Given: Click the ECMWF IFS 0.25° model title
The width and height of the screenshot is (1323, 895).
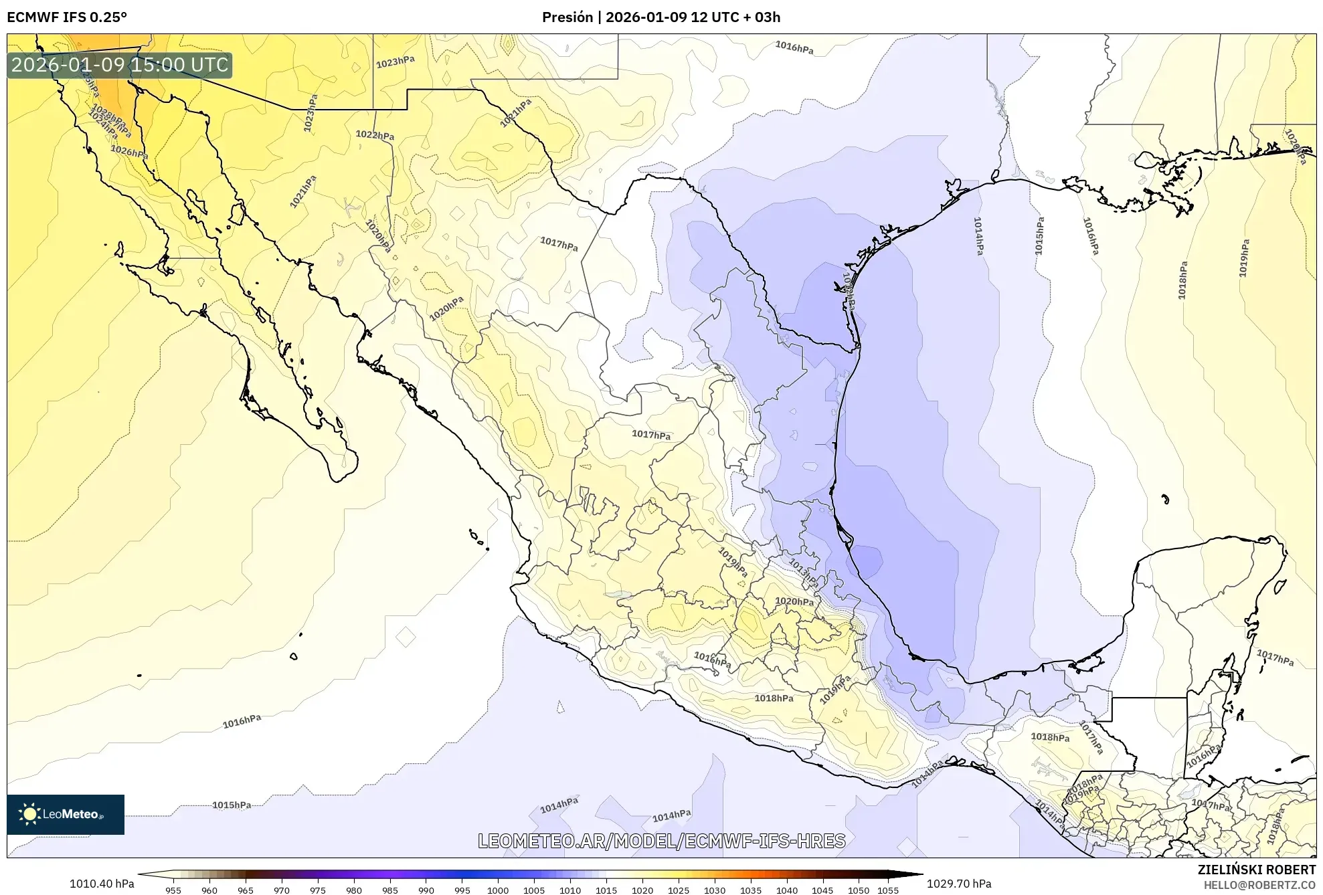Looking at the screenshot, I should (66, 17).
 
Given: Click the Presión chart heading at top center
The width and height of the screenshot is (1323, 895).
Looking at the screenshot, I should (660, 17).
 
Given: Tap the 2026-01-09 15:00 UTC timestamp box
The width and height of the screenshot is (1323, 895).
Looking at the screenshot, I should (120, 65).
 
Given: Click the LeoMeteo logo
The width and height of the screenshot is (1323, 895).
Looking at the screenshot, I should (66, 814).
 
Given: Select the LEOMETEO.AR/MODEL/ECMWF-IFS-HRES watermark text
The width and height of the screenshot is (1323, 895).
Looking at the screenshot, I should (661, 841).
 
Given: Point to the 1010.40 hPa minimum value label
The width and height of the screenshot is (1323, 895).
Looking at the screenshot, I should (102, 884).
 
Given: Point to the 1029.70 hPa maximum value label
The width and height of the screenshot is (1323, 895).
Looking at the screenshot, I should (958, 884).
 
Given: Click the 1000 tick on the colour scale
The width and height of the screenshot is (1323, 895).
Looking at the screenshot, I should (498, 890).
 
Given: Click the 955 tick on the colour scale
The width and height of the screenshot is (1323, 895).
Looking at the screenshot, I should (173, 890).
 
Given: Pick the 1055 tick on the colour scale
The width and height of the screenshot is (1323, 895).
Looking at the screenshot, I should (888, 890).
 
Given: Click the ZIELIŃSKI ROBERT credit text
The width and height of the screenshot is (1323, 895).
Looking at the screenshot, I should (1256, 870).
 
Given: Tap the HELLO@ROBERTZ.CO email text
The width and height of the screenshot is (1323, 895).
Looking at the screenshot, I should (1259, 885).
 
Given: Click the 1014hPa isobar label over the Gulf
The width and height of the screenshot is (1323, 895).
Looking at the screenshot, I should (978, 236).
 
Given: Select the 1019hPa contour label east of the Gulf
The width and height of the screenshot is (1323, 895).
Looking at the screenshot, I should (1243, 258).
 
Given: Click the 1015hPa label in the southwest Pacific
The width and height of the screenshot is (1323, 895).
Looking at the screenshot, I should (232, 805).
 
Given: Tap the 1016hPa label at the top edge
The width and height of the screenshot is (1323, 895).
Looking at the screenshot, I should (794, 47).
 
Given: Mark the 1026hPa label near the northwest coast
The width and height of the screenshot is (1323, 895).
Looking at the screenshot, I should (128, 152).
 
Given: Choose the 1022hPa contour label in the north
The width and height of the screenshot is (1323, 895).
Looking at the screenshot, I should (375, 135).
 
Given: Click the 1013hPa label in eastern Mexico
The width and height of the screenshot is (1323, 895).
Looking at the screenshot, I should (803, 573).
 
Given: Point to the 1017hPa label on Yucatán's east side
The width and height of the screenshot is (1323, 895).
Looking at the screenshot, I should (1275, 658).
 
